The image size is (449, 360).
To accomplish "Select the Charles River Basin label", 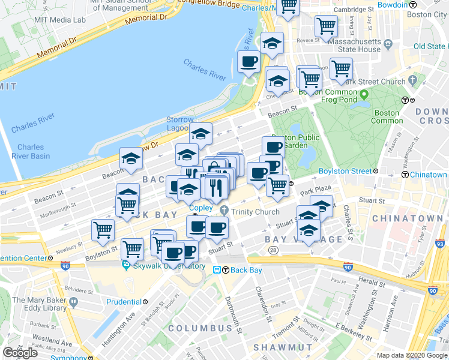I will click(x=31, y=151).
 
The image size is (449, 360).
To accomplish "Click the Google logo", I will click(x=20, y=352).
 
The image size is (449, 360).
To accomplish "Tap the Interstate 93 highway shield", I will click(x=441, y=244).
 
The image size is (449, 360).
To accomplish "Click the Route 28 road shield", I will click(x=273, y=250).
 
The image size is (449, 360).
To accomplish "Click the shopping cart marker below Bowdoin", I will click(x=325, y=26).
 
